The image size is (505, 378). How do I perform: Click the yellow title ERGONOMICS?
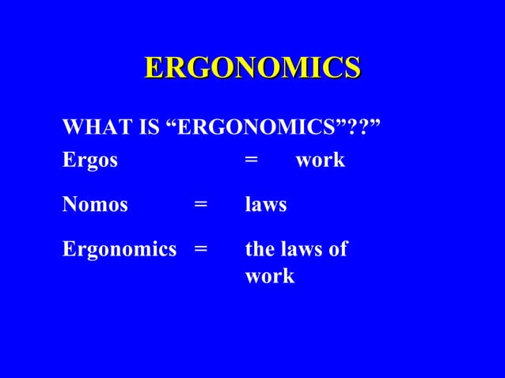point(252,67)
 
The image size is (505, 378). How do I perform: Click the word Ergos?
point(89,161)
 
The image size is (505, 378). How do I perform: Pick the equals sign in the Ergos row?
point(251,161)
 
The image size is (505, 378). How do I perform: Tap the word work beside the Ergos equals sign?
point(321,161)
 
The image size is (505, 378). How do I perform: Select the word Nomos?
point(95,206)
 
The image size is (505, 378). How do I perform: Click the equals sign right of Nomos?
point(201,206)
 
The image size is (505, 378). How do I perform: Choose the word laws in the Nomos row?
point(266,206)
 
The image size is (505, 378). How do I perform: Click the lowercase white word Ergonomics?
point(120,251)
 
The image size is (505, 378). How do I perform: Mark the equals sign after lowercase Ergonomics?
point(201,251)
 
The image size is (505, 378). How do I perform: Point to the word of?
point(339,251)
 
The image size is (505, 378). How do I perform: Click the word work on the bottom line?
point(270,278)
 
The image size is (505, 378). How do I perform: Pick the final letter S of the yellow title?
point(351,67)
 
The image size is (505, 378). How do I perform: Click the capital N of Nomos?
point(70,206)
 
